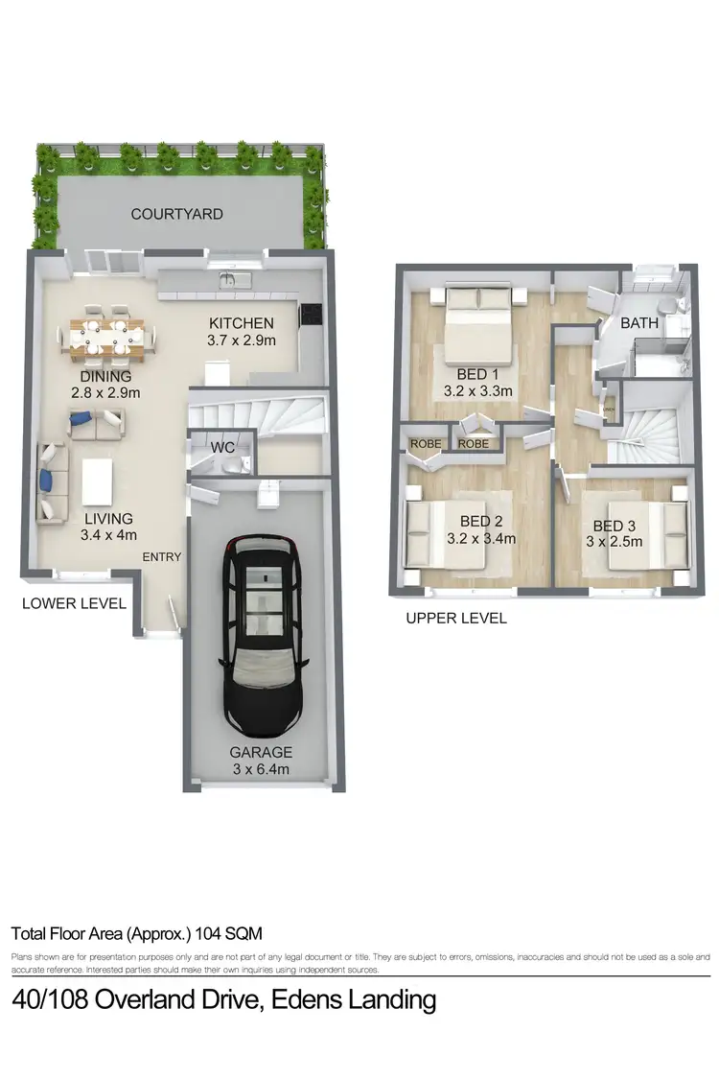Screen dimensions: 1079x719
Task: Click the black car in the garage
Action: [x=262, y=633]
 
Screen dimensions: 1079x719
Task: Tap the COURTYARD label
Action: [x=177, y=214]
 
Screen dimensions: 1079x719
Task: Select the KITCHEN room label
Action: [x=241, y=323]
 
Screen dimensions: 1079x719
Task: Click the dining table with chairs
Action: [x=105, y=338]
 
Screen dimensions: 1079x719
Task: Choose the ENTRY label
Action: [x=162, y=557]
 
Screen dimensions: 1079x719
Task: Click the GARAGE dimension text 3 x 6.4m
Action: [x=261, y=769]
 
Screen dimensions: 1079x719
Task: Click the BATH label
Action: [x=639, y=323]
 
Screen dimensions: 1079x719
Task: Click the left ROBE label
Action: [x=426, y=444]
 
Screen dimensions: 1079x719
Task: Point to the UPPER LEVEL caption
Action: [x=455, y=619]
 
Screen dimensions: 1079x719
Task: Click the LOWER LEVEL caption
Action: [x=74, y=603]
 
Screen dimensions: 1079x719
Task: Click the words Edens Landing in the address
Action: [x=354, y=1000]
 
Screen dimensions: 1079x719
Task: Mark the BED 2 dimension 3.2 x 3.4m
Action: [x=481, y=538]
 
